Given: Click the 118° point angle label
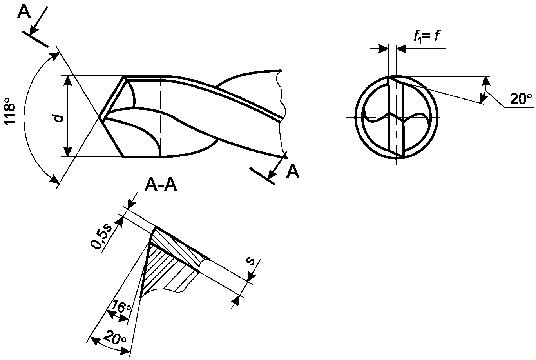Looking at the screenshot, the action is coord(10,111).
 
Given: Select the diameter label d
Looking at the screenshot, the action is coord(59,118).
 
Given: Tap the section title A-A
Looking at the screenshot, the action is coord(161,186).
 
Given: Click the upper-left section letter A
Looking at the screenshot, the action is coord(24,12).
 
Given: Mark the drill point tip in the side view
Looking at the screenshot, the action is coord(99,117).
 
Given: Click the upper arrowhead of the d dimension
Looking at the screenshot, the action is coord(68,81).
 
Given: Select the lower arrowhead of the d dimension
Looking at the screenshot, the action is coord(68,151).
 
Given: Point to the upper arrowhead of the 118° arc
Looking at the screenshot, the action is coord(55,57).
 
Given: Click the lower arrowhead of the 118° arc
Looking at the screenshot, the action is coord(54,178).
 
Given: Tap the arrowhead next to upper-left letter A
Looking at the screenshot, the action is coord(34,30).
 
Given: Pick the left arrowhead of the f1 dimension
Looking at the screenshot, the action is coord(383,49).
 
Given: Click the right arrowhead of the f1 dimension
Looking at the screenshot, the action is coord(401,49).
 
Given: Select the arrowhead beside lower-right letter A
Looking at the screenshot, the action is coord(272,174).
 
